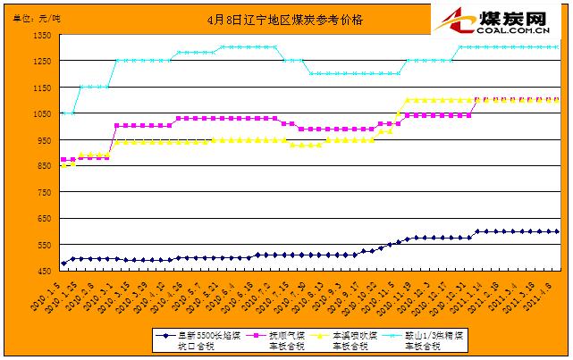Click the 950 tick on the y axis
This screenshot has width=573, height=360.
(x=42, y=139)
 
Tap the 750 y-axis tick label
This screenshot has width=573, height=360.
(x=42, y=191)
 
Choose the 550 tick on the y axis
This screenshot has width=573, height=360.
(x=42, y=243)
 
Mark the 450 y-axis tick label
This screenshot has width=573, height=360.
(x=42, y=269)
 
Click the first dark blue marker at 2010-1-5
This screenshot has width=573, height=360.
(x=63, y=264)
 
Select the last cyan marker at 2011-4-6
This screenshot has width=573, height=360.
(x=557, y=46)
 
